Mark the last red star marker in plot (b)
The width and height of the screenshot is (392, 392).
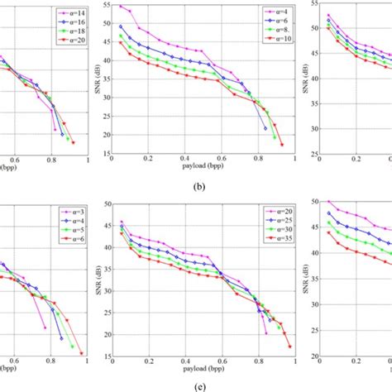click(282, 145)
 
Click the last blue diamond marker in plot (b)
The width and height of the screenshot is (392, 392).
click(265, 128)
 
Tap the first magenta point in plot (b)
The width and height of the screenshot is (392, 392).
click(121, 6)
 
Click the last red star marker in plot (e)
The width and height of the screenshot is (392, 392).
click(289, 347)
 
